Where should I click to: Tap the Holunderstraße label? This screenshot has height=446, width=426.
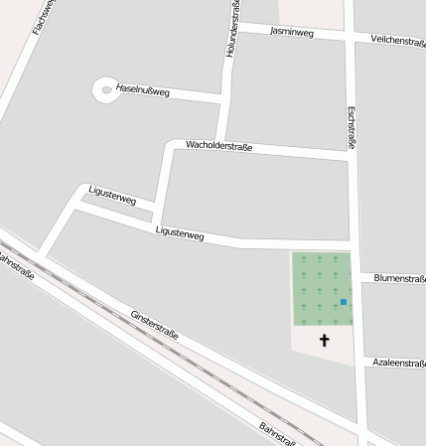point(234,28)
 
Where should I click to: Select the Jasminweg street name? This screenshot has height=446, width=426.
point(292,32)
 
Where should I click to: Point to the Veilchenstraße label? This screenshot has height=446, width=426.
point(397,40)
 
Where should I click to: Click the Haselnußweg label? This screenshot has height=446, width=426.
point(143,91)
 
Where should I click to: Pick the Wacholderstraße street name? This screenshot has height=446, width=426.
point(219,146)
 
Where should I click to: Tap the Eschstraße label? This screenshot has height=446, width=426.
point(353,129)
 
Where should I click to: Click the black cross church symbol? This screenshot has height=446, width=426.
point(324,341)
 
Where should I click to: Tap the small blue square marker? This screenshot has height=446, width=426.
point(344,301)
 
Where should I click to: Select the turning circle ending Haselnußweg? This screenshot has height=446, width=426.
point(105,90)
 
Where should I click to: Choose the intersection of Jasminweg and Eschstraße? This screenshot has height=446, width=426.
point(349,36)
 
